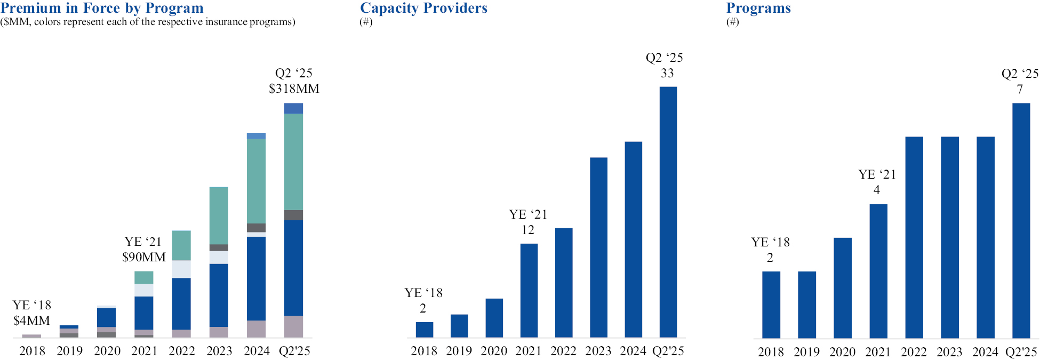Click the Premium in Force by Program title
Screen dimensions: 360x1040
(x=102, y=8)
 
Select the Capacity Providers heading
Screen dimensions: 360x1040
(x=423, y=8)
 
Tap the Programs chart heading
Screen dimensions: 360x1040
(x=758, y=8)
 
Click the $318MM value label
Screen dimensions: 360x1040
(x=294, y=89)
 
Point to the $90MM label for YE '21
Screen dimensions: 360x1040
(x=144, y=257)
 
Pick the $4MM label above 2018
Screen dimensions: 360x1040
(x=31, y=321)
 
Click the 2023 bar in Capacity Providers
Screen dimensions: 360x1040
(x=598, y=247)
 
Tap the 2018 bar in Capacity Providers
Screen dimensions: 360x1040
(x=425, y=330)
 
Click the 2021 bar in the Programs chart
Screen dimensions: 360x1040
(x=878, y=271)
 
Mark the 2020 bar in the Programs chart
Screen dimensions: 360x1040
(x=842, y=288)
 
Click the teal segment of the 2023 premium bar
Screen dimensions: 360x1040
(x=219, y=215)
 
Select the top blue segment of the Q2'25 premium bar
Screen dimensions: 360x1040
(x=293, y=108)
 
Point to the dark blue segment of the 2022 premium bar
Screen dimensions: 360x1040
(x=181, y=303)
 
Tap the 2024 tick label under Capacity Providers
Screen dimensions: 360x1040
(x=633, y=351)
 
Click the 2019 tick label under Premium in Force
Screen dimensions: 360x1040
(x=70, y=351)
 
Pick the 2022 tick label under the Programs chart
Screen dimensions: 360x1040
(x=914, y=352)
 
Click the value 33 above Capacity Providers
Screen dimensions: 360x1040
(x=667, y=73)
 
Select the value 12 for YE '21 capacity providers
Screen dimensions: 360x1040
(x=527, y=230)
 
